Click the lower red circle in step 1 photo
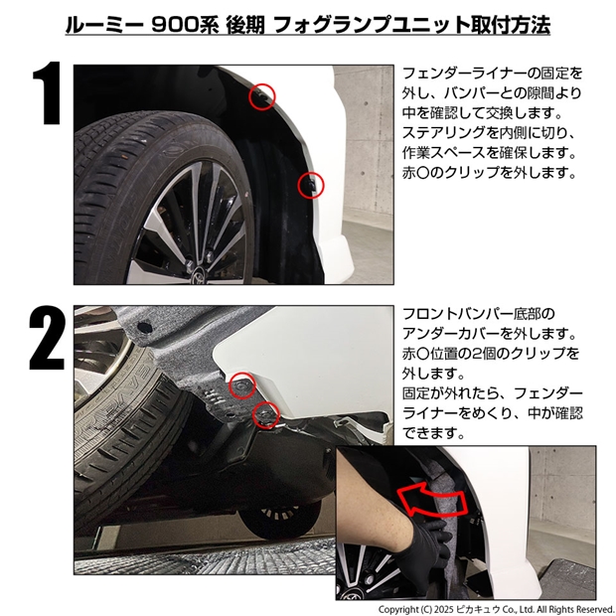tap(309, 184)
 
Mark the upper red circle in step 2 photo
tap(241, 385)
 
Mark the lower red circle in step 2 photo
tap(264, 413)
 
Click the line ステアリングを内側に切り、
tap(491, 133)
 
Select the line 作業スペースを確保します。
tap(491, 152)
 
